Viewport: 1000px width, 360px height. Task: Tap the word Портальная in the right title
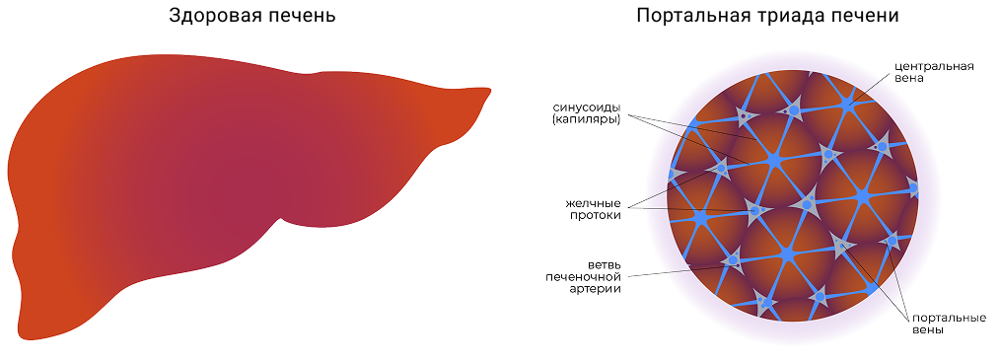click(687, 17)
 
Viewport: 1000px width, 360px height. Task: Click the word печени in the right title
click(856, 17)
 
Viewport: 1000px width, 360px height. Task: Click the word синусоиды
click(587, 107)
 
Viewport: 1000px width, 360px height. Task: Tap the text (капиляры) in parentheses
click(587, 119)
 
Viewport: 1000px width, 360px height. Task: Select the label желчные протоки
click(593, 209)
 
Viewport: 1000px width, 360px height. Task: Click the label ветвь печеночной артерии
click(584, 276)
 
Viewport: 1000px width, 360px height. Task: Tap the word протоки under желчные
click(597, 215)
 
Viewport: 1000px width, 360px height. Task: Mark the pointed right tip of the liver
click(490, 89)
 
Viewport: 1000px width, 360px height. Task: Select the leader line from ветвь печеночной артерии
click(683, 269)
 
